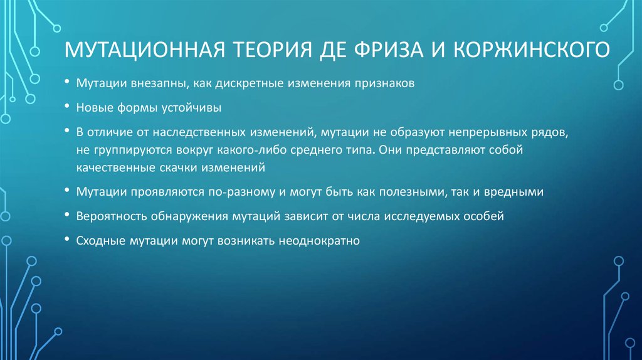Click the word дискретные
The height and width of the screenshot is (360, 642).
point(240,85)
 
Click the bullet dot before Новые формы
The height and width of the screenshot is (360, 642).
point(66,108)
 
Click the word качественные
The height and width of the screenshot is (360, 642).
point(112,168)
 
